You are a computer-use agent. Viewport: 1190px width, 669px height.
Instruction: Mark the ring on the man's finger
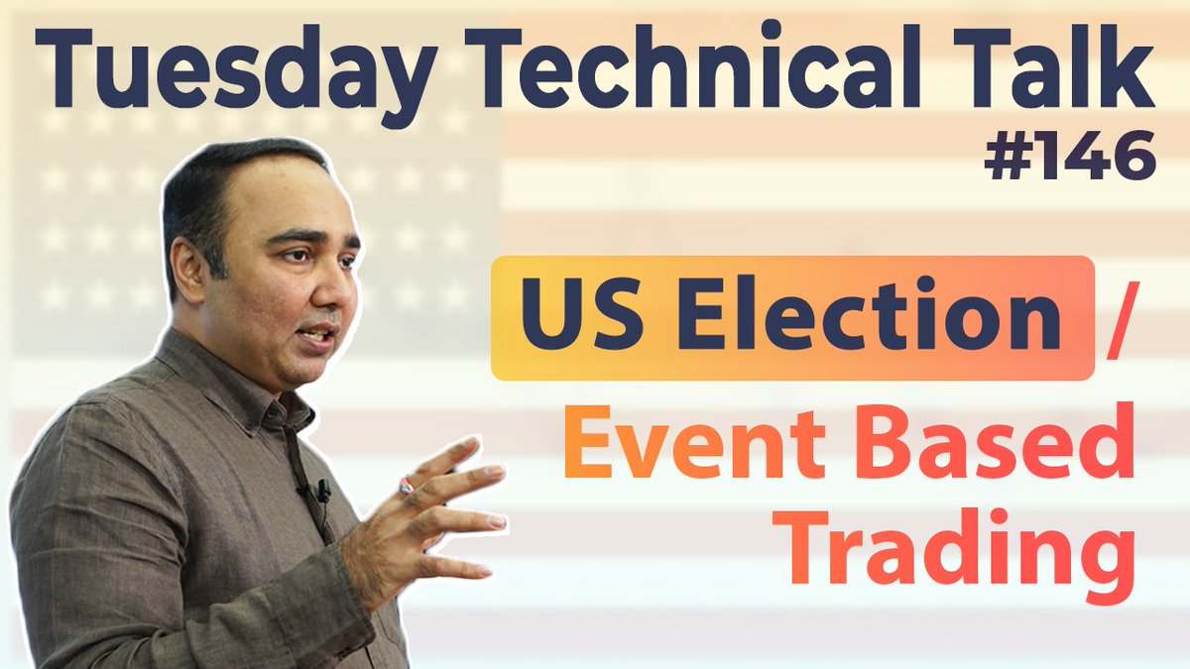tap(405, 486)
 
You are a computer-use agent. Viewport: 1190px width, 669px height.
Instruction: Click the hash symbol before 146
tap(1007, 159)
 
